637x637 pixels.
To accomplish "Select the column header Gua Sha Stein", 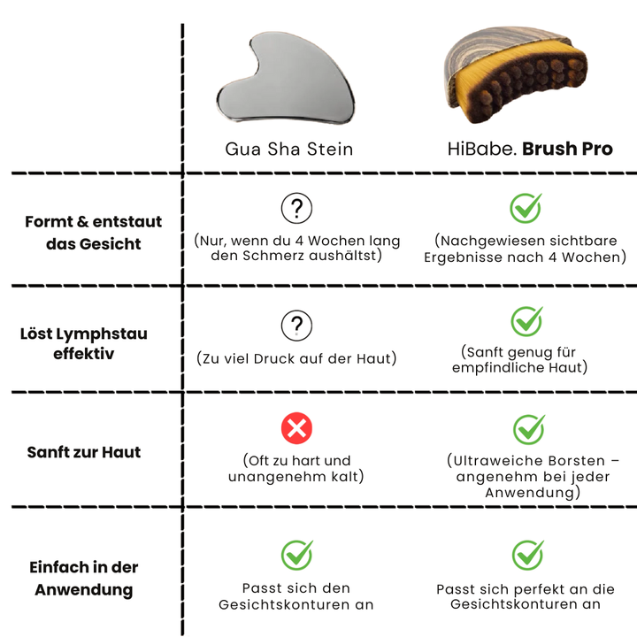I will (x=288, y=149).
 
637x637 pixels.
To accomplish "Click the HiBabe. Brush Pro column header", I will (x=529, y=149).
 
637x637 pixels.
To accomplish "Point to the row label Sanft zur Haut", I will (x=84, y=452).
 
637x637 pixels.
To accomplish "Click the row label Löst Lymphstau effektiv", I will (x=84, y=344).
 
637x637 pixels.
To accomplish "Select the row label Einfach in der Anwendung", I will (x=84, y=579).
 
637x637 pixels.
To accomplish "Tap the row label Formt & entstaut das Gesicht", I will (x=93, y=233).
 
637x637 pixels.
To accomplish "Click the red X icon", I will (x=296, y=430).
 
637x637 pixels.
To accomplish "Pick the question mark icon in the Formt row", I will (x=296, y=209).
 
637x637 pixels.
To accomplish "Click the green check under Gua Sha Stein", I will (x=296, y=555).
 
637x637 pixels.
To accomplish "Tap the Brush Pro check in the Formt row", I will (x=527, y=208).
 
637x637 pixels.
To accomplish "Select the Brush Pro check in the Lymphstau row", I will (x=527, y=320).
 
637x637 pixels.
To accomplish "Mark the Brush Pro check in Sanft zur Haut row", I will (x=529, y=429).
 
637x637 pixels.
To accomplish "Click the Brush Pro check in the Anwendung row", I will (x=528, y=555).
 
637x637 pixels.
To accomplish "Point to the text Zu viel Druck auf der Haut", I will (x=296, y=358).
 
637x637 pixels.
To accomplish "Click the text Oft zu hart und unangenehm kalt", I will (x=296, y=468).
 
